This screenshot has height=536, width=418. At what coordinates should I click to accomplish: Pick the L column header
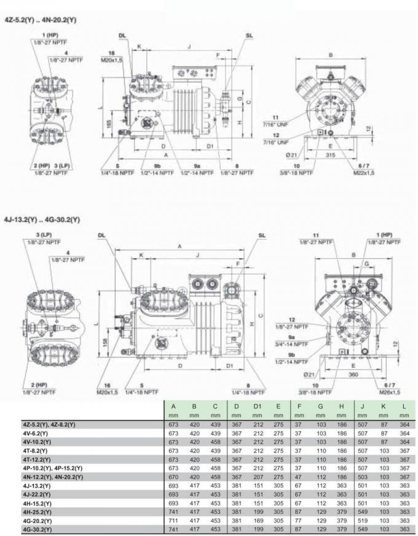[403, 406]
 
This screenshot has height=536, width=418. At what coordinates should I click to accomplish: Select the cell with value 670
[173, 476]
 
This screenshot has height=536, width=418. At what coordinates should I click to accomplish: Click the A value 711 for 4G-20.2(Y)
[173, 520]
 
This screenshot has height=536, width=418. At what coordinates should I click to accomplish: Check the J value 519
[363, 520]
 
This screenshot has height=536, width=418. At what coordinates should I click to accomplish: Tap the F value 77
[299, 520]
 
